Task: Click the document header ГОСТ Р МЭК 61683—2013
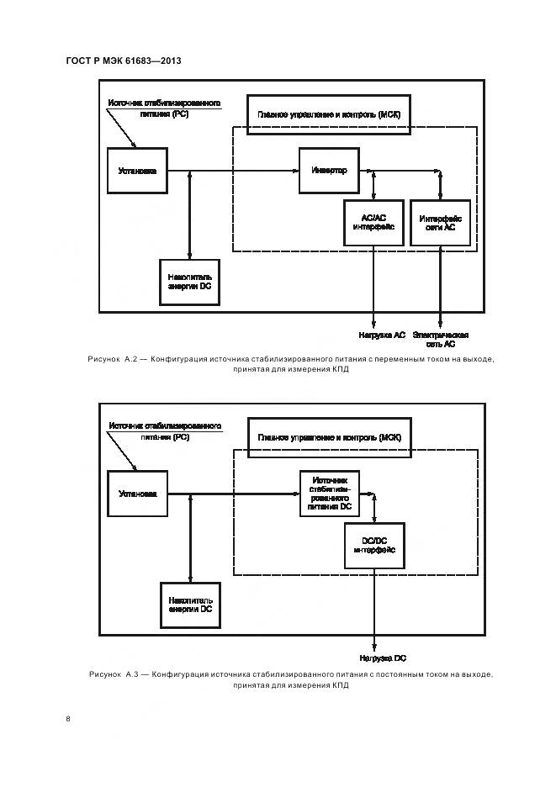(123, 61)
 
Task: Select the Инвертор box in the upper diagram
(329, 170)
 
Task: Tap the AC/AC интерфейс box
(373, 222)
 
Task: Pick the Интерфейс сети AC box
(441, 222)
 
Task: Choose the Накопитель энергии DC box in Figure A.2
(189, 282)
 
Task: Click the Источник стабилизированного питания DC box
(329, 494)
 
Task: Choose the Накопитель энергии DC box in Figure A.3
(189, 605)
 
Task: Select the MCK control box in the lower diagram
(329, 437)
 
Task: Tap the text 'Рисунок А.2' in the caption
(118, 359)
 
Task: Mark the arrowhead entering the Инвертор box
(296, 171)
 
